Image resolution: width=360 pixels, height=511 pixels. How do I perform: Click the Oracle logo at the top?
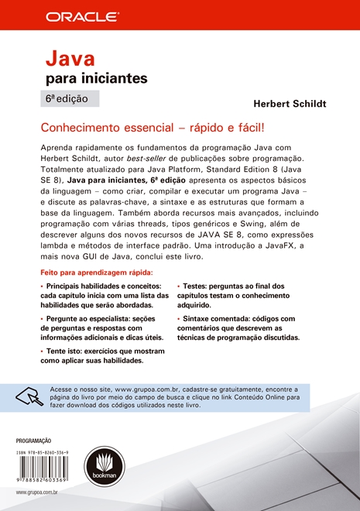click(x=81, y=15)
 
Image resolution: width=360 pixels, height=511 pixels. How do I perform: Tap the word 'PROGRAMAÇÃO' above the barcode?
click(x=33, y=440)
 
